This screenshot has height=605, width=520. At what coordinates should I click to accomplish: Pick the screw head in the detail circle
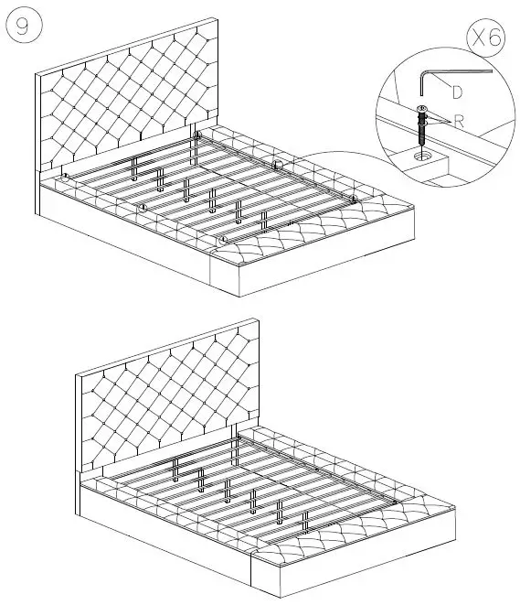pos(421,111)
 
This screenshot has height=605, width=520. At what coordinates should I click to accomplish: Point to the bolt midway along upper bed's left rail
pos(143,208)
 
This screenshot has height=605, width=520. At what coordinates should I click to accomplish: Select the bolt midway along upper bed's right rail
pos(276,165)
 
